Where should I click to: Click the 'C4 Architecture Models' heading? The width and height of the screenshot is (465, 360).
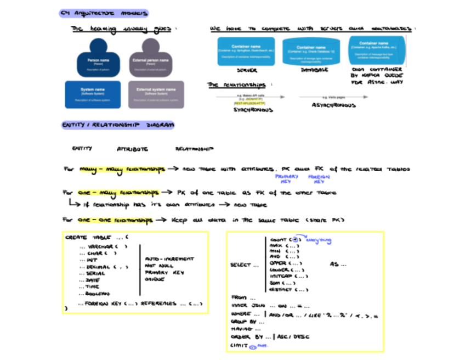[x=104, y=13]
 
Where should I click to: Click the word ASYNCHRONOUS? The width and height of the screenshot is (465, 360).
[x=333, y=105]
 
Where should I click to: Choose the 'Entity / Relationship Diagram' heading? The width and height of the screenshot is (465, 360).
[x=118, y=125]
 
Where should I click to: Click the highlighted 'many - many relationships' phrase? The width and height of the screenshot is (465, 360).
[x=122, y=170]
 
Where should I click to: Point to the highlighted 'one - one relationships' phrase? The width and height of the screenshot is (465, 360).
[x=115, y=220]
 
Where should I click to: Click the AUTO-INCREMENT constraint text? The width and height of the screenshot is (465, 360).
[x=169, y=258]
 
